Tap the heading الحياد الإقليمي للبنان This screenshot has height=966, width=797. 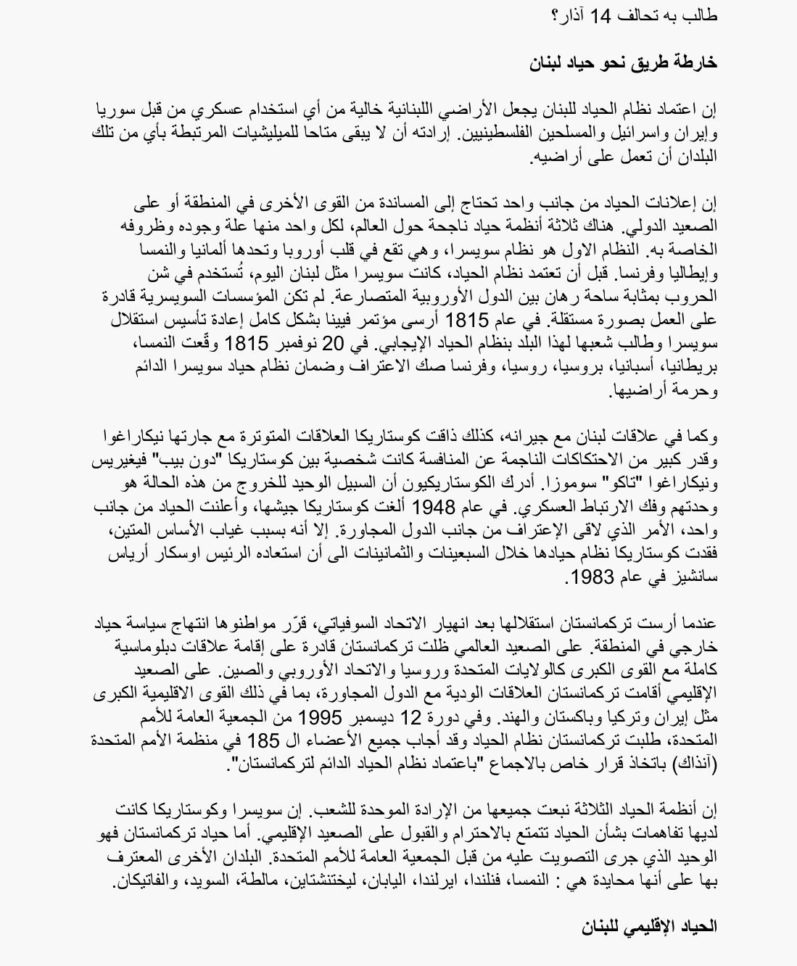coord(649,926)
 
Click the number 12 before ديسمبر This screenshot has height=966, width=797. coord(411,718)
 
